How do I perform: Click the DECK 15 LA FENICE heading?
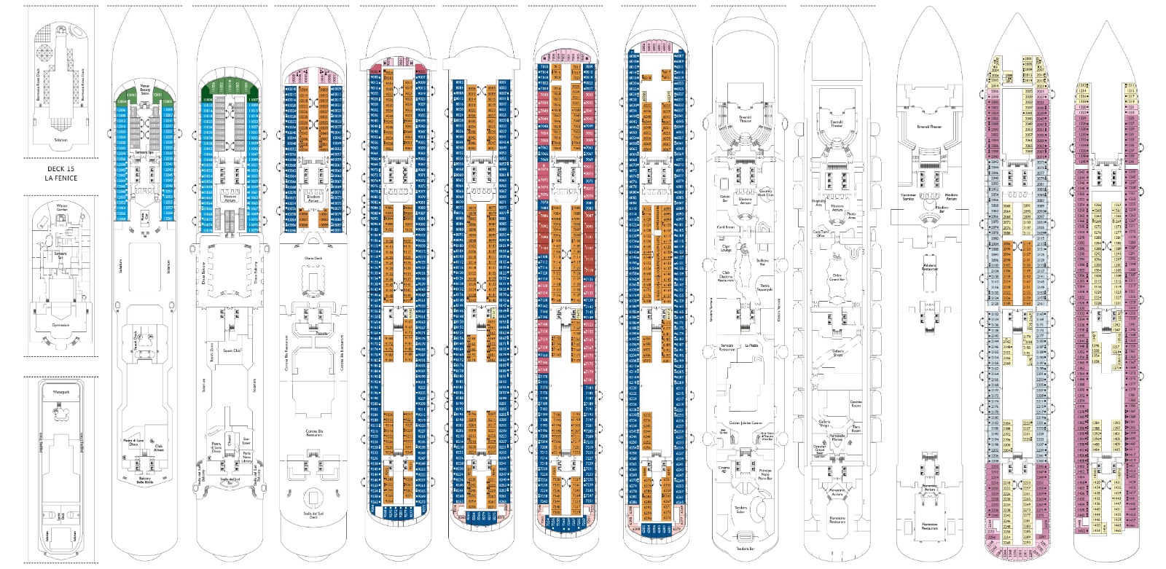pyautogui.click(x=60, y=173)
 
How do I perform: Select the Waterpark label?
pyautogui.click(x=61, y=392)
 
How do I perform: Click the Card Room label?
pyautogui.click(x=726, y=227)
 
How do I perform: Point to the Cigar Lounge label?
pyautogui.click(x=725, y=248)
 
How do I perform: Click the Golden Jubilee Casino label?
pyautogui.click(x=745, y=423)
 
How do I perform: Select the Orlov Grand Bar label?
pyautogui.click(x=837, y=278)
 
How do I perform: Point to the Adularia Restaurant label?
pyautogui.click(x=929, y=267)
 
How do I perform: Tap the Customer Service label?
pyautogui.click(x=908, y=197)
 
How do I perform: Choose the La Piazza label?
pyautogui.click(x=751, y=345)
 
